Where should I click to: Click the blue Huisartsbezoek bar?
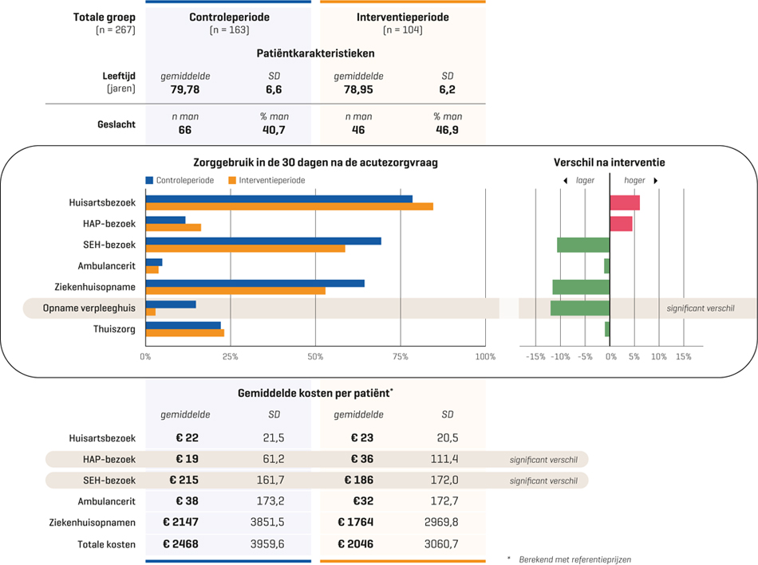tap(279, 198)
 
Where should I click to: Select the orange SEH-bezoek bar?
tap(246, 249)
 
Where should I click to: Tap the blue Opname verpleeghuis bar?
tap(171, 304)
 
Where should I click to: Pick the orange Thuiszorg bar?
tap(185, 333)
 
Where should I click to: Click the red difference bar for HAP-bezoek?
tap(621, 224)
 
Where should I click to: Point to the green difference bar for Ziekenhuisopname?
tap(581, 287)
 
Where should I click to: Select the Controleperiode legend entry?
tap(183, 180)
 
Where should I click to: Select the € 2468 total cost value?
tap(180, 544)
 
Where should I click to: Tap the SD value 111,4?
tap(447, 459)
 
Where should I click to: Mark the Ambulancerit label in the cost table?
tap(106, 501)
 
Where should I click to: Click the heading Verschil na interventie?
tap(609, 163)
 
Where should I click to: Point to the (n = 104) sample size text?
tap(402, 30)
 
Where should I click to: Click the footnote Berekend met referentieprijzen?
tap(574, 559)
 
